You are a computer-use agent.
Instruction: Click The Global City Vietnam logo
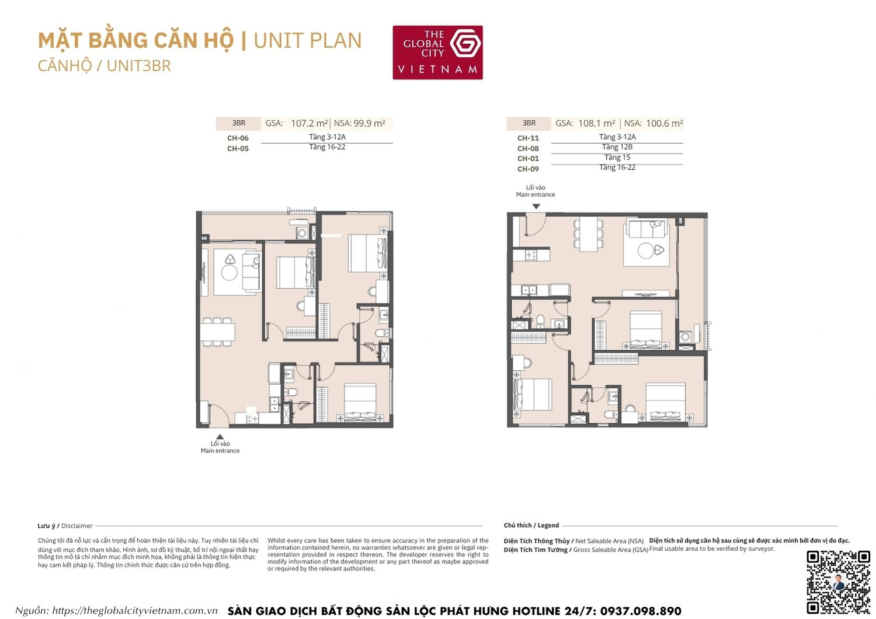(437, 52)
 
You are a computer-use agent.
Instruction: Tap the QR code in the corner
(838, 582)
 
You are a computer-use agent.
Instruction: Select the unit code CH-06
(238, 138)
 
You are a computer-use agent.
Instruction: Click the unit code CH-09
(528, 169)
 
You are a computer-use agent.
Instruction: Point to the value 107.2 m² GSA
(309, 123)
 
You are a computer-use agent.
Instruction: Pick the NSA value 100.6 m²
(664, 123)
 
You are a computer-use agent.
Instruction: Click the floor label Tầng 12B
(617, 147)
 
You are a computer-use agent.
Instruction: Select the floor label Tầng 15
(617, 158)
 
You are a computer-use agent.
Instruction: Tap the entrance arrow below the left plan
(220, 436)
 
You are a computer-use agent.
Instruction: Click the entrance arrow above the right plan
(536, 206)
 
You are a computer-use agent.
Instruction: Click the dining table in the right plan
(588, 234)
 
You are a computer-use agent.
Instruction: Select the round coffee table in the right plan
(645, 251)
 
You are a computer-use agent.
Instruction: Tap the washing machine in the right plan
(686, 337)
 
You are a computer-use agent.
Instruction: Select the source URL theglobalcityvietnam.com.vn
(135, 611)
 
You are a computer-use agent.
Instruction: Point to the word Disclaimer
(77, 526)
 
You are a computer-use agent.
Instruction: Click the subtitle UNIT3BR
(138, 66)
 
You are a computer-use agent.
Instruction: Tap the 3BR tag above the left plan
(238, 123)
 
